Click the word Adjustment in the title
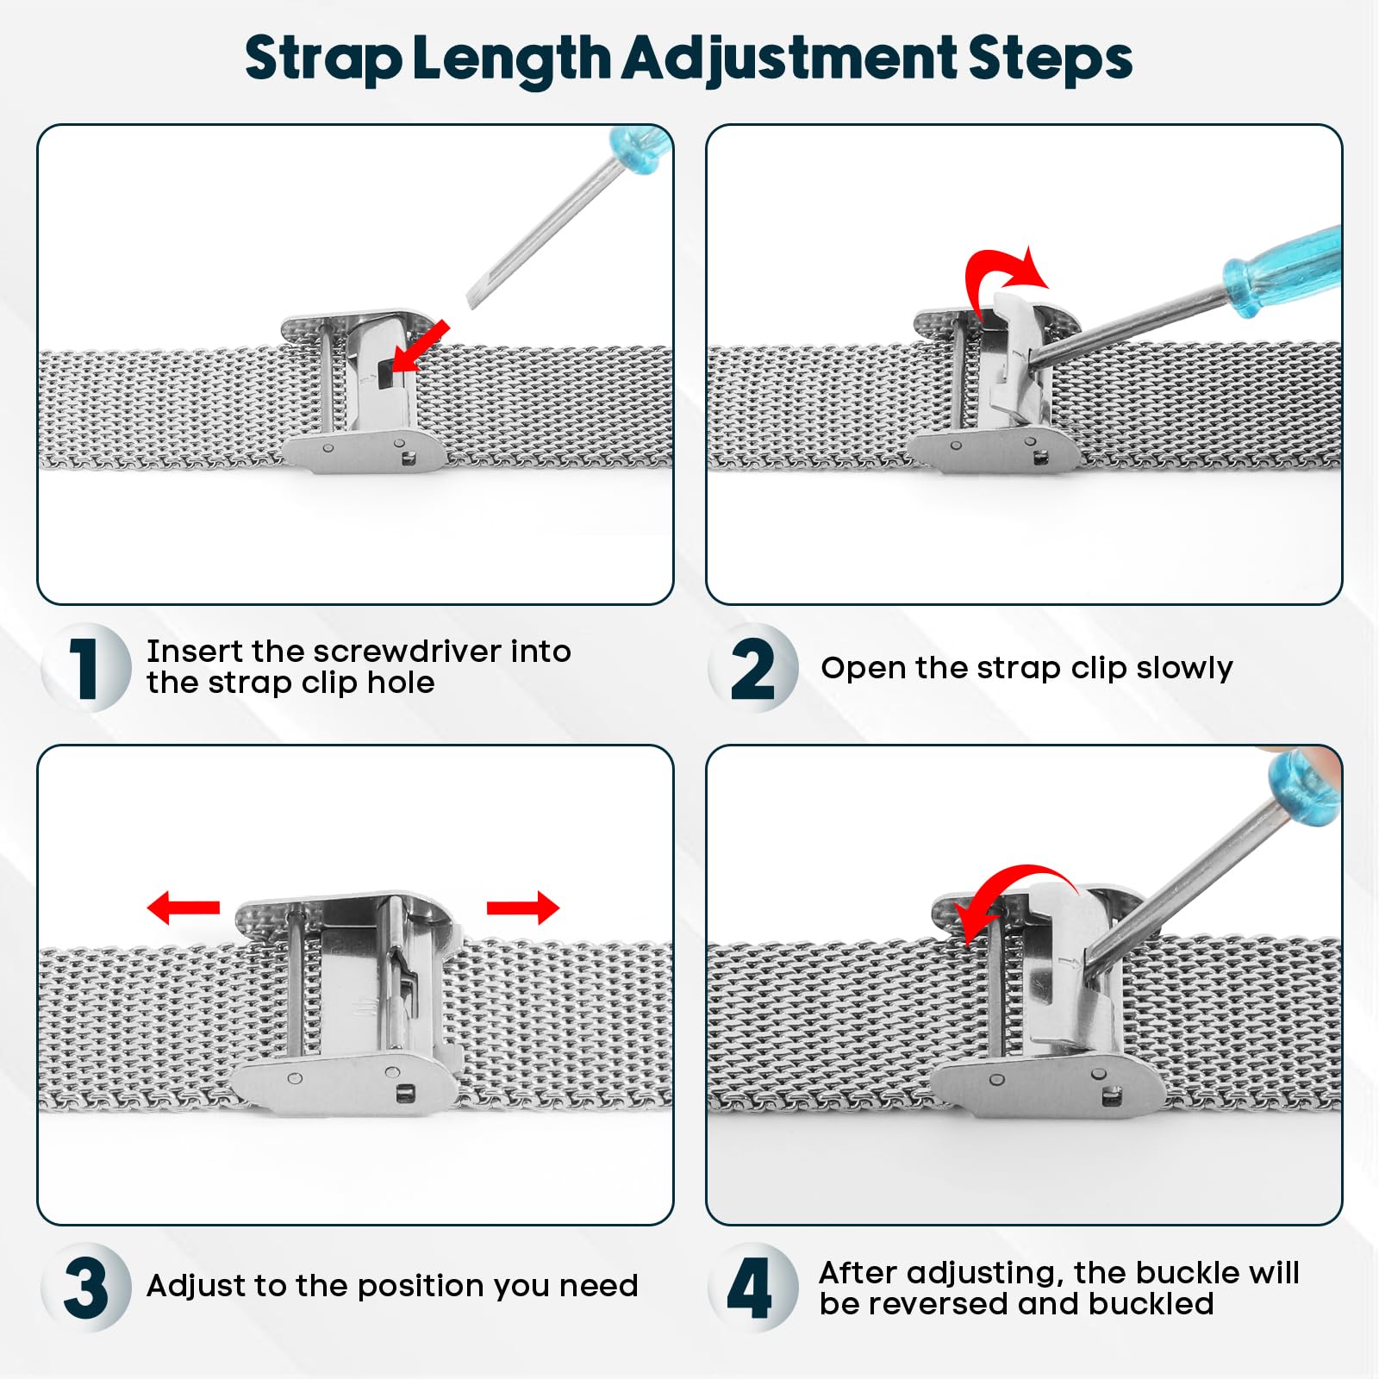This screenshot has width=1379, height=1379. pos(789,59)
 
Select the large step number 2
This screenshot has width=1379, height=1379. pos(752,668)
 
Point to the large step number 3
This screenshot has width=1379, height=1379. pos(85,1288)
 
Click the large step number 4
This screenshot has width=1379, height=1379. pos(750,1288)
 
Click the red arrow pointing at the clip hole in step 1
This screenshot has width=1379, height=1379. pos(420,346)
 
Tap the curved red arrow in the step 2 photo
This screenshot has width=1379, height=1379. pos(1004,274)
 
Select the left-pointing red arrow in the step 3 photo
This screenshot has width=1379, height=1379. pos(183,908)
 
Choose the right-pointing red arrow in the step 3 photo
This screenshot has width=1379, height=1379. pos(523,908)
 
